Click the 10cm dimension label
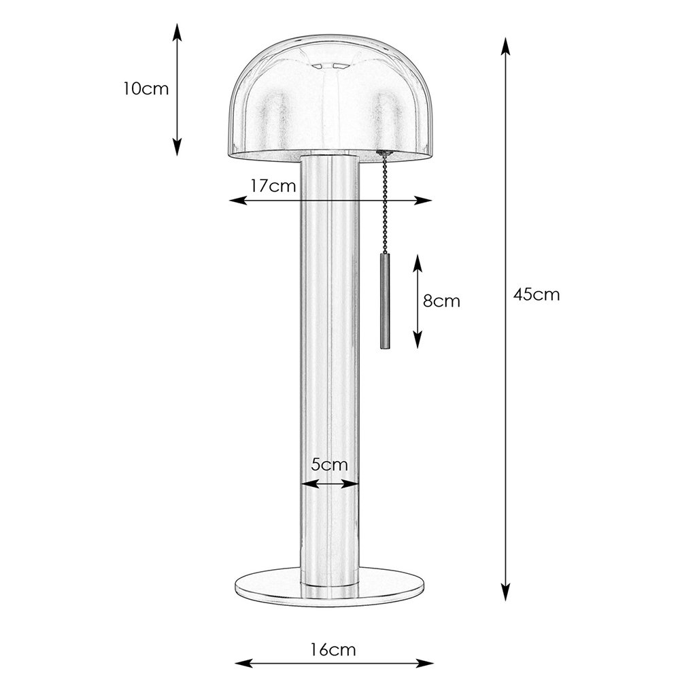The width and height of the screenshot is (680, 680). tap(146, 89)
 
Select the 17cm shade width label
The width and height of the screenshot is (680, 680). tap(273, 186)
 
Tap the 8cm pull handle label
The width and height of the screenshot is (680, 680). tap(441, 301)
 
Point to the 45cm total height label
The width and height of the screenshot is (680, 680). tap(537, 294)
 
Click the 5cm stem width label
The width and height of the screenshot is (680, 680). tap(330, 464)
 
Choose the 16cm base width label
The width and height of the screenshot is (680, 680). tap(333, 650)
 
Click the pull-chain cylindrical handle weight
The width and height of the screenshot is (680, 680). tap(385, 301)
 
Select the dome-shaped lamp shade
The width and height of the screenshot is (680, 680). tap(330, 97)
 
